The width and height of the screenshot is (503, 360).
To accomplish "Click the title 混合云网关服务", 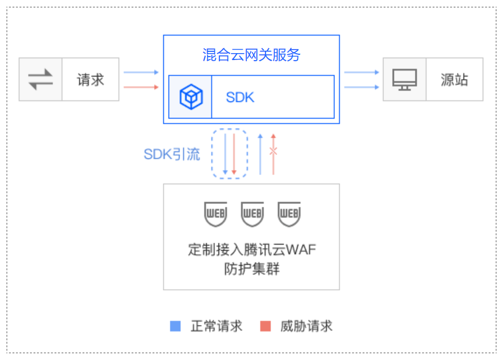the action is pos(251,55).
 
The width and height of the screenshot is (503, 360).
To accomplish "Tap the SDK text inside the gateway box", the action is pos(240,97).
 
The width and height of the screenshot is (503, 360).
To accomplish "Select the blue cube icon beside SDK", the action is pos(191,97).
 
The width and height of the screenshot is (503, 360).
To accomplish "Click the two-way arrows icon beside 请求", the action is pos(40,79).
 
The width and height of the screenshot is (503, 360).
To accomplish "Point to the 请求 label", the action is pos(90,79).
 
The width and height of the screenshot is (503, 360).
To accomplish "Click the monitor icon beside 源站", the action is pos(404,79).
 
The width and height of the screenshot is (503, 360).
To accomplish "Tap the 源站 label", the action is pos(454,79).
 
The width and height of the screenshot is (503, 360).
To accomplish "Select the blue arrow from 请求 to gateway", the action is pos(141,72).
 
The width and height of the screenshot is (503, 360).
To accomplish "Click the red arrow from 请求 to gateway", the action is pos(141,87).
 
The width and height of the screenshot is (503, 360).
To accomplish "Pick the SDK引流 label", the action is pos(172,154).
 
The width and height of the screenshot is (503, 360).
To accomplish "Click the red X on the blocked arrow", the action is pos(273,151).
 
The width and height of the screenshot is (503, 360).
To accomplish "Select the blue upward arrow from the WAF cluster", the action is pos(260,155).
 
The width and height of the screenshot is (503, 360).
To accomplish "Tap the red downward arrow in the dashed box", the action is pos(234,154).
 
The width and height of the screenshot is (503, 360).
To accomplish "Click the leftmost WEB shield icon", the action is pos(215,214).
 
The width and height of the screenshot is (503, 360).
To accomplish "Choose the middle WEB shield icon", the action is pos(253,214).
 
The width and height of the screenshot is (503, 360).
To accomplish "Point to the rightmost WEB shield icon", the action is pos(289,214).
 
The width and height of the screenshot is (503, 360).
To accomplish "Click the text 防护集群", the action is pos(252,268).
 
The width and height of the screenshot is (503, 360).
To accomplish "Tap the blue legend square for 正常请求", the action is pos(175,326).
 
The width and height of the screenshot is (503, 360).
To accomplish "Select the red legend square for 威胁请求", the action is pos(266,326).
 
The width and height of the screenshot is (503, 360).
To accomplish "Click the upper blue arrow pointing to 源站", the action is pos(362,72).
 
